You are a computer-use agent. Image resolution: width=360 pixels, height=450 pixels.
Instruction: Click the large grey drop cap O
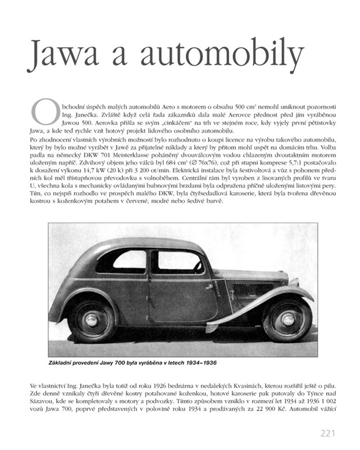(43, 111)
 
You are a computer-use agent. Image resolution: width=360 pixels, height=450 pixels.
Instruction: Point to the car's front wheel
(287, 319)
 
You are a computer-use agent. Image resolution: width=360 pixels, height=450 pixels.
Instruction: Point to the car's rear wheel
(91, 319)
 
